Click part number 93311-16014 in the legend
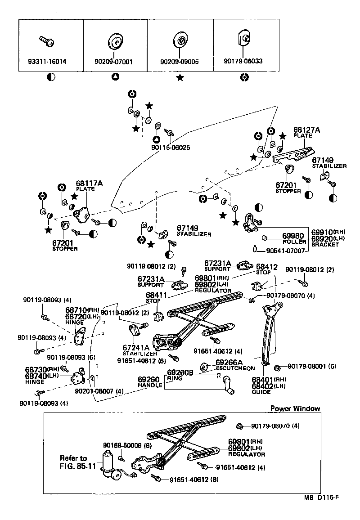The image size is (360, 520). coord(51,62)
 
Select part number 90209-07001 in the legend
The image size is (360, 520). coord(115,62)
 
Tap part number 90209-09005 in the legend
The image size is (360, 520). coord(180,62)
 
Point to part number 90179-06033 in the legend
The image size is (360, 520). coord(243,61)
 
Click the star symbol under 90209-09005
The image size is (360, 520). coord(180,78)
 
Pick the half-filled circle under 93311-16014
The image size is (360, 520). coord(51,78)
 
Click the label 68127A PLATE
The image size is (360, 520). coord(306,132)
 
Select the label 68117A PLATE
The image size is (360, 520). coord(89,186)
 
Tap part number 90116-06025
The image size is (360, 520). coord(171,147)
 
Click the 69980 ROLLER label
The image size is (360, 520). coord(294,238)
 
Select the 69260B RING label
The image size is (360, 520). coord(180,375)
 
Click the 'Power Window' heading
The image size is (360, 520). coord(295,408)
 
